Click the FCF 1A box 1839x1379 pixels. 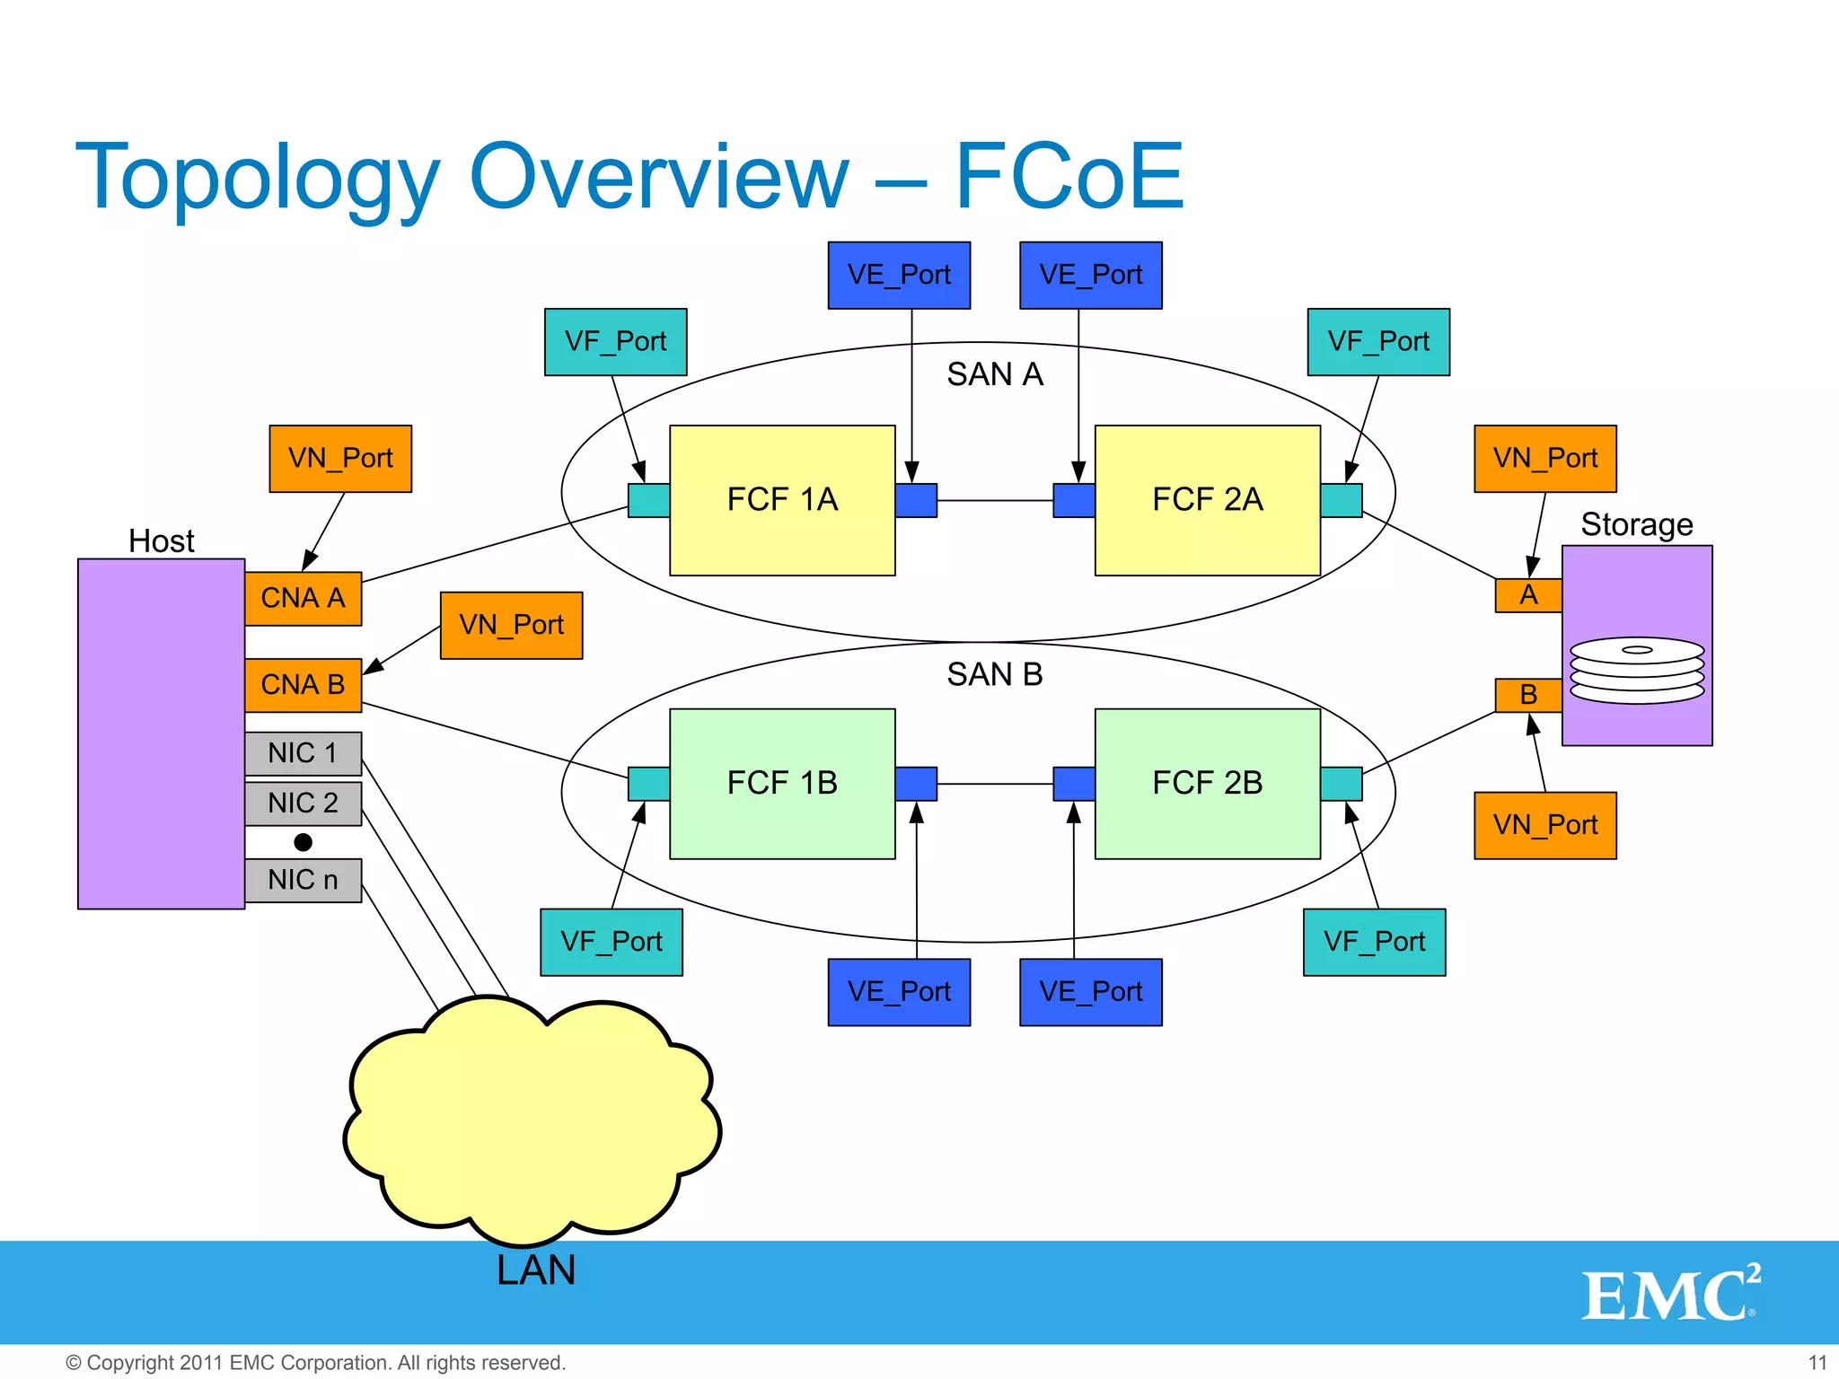782,500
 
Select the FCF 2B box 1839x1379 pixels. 1207,784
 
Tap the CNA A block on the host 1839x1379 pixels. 304,598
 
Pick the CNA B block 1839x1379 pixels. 304,685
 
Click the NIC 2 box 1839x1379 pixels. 304,803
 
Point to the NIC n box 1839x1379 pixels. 304,880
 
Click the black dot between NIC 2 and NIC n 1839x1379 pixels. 304,842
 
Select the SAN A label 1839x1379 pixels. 995,374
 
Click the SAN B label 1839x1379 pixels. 995,674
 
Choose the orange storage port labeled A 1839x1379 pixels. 1528,595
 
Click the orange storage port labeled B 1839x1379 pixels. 1528,695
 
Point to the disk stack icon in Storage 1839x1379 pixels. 1637,670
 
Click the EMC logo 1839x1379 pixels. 1670,1294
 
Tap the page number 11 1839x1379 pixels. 1817,1363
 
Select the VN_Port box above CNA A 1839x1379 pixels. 340,459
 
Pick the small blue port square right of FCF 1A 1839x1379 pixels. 916,500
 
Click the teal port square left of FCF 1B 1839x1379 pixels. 648,784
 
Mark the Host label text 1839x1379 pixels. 162,541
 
